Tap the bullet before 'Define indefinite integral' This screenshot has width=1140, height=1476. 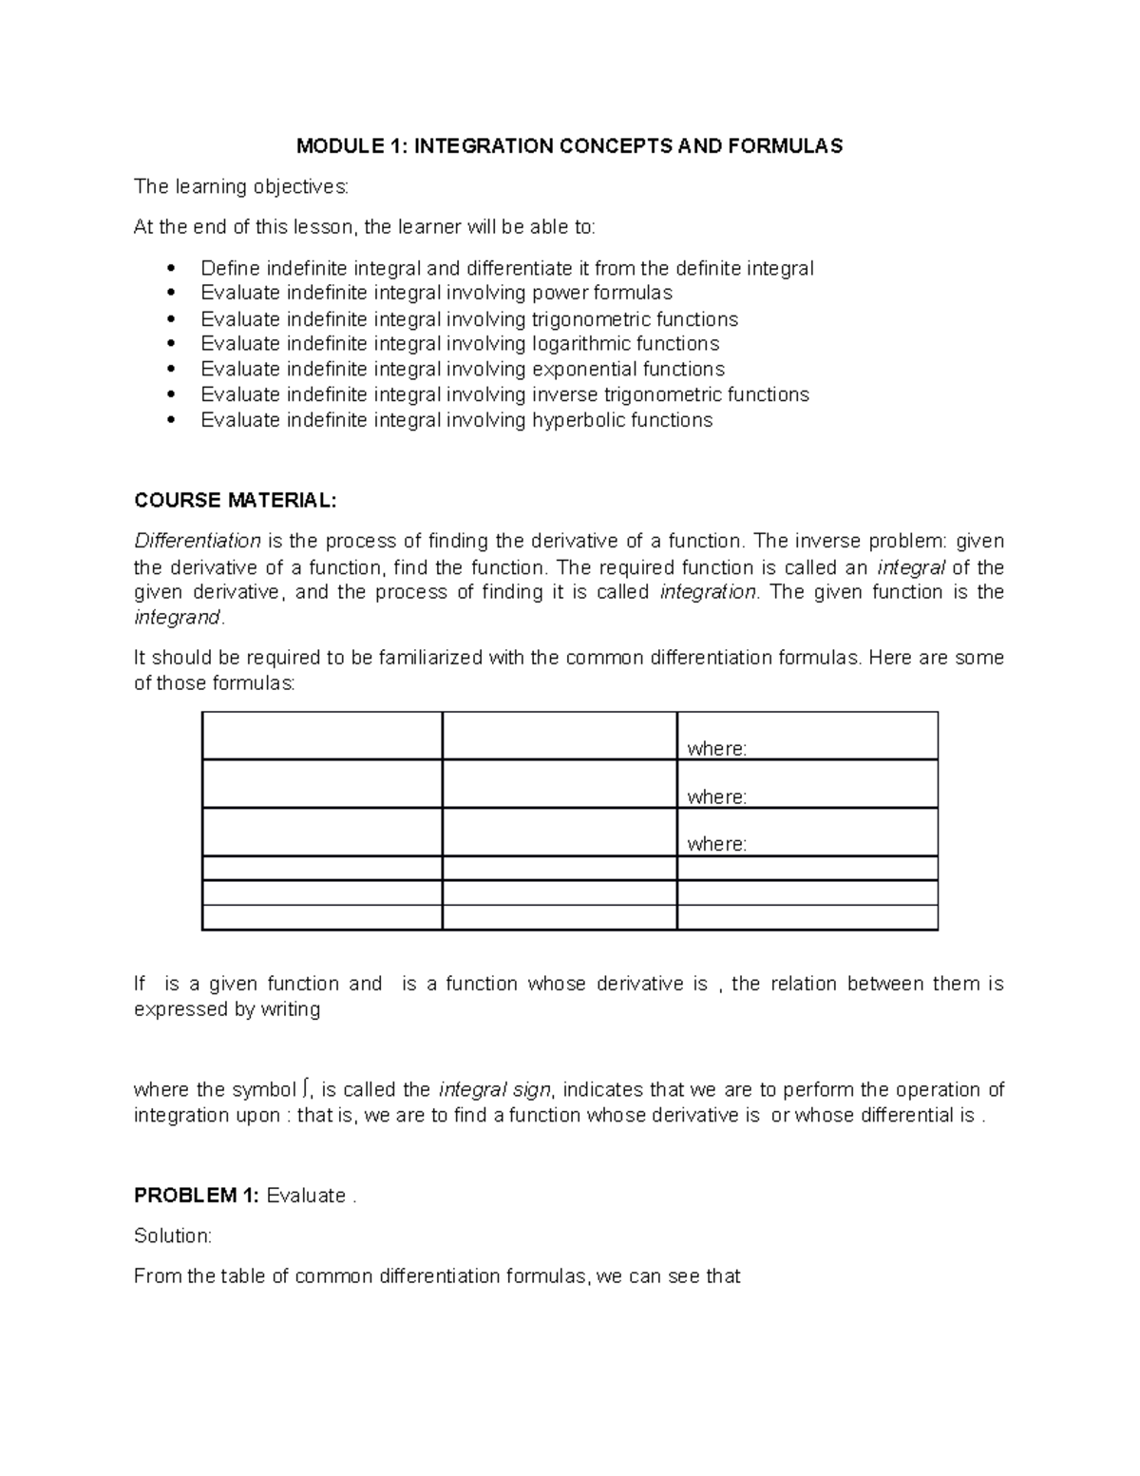click(x=171, y=268)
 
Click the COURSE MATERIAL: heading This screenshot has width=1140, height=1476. click(x=235, y=501)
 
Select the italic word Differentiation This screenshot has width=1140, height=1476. click(x=198, y=542)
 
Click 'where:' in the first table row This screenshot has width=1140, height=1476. click(x=716, y=749)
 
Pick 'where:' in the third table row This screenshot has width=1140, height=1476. click(x=716, y=844)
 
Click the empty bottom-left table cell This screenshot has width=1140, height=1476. click(x=322, y=917)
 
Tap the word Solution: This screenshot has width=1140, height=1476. click(x=173, y=1236)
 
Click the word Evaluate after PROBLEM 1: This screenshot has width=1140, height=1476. click(x=306, y=1197)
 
